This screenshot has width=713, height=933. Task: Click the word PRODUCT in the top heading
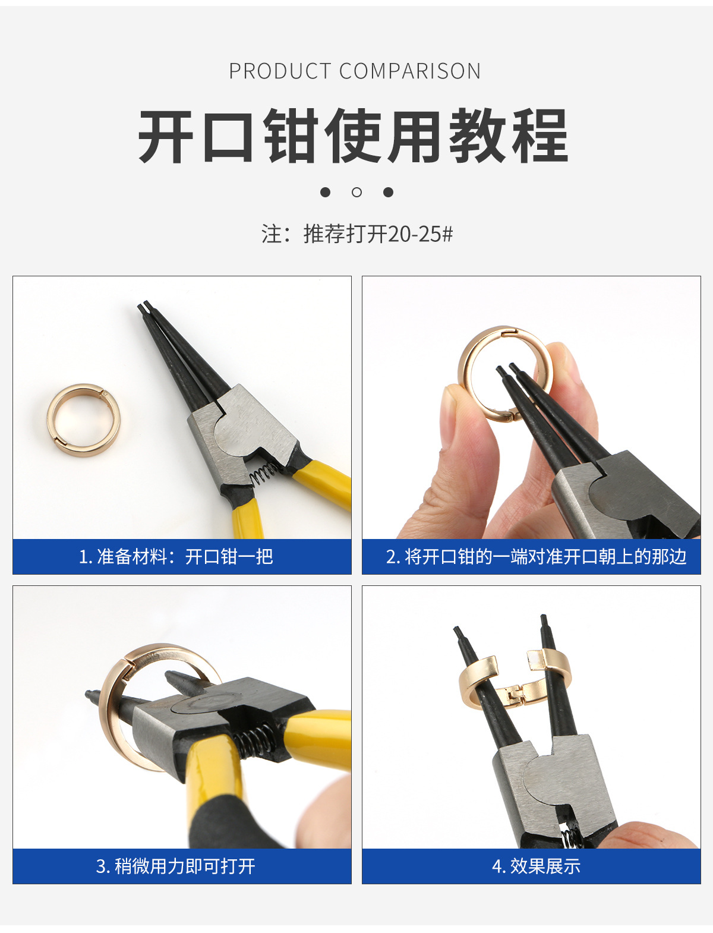(280, 71)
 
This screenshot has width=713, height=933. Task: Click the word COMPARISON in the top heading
(410, 71)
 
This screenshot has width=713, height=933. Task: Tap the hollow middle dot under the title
(356, 192)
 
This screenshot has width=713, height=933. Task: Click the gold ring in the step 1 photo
(83, 420)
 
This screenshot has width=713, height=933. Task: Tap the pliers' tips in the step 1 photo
(144, 307)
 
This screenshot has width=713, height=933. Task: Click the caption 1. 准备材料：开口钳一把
(176, 557)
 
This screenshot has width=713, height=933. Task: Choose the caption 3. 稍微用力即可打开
(176, 866)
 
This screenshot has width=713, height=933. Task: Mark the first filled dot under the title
(325, 192)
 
